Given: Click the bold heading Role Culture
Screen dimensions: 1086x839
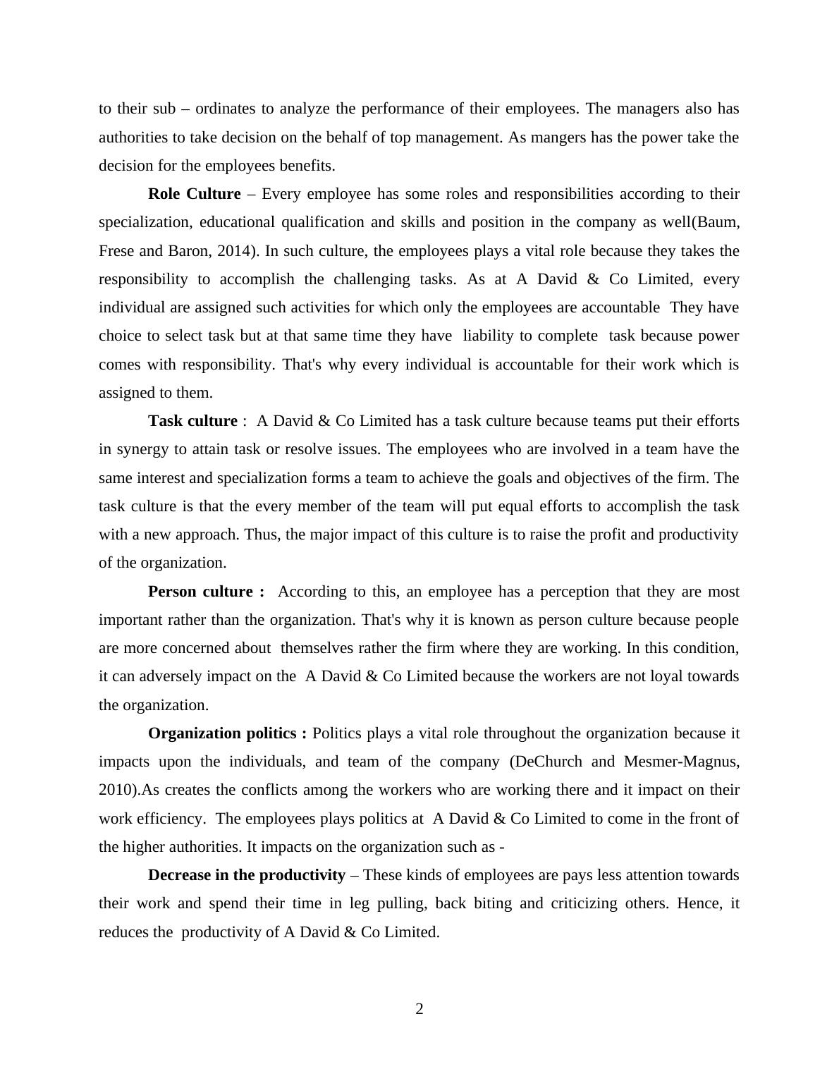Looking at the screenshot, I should (x=194, y=194).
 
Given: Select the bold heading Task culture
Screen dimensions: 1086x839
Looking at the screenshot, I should (x=192, y=421).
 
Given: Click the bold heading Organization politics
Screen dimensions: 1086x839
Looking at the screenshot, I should (x=227, y=733).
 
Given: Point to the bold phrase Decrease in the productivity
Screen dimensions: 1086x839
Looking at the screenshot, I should (x=247, y=875).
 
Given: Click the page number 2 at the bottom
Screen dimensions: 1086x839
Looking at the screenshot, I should (x=420, y=1009).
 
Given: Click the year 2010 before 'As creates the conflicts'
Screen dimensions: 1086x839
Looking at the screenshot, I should (x=114, y=791).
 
